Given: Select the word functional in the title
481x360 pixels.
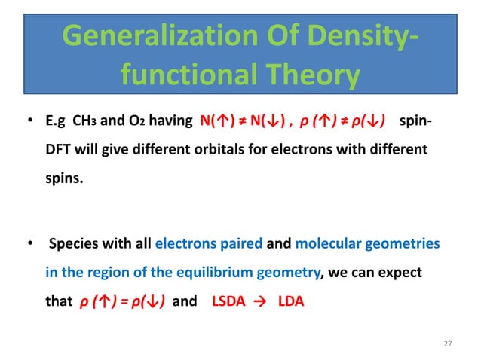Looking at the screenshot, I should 176,76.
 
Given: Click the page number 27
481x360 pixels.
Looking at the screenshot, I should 449,344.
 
